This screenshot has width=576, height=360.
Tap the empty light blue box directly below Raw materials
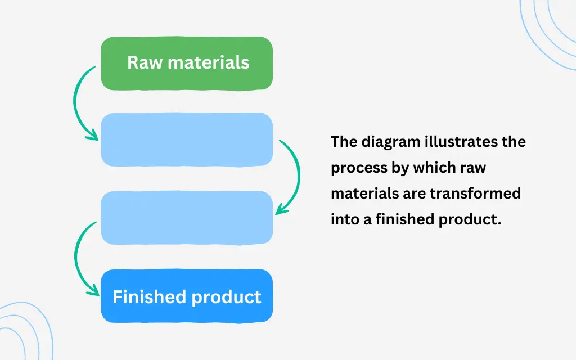coord(187,139)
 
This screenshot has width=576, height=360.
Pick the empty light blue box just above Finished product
coord(187,218)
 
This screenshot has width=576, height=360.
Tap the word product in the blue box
coord(229,297)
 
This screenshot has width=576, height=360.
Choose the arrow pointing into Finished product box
coord(78,259)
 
